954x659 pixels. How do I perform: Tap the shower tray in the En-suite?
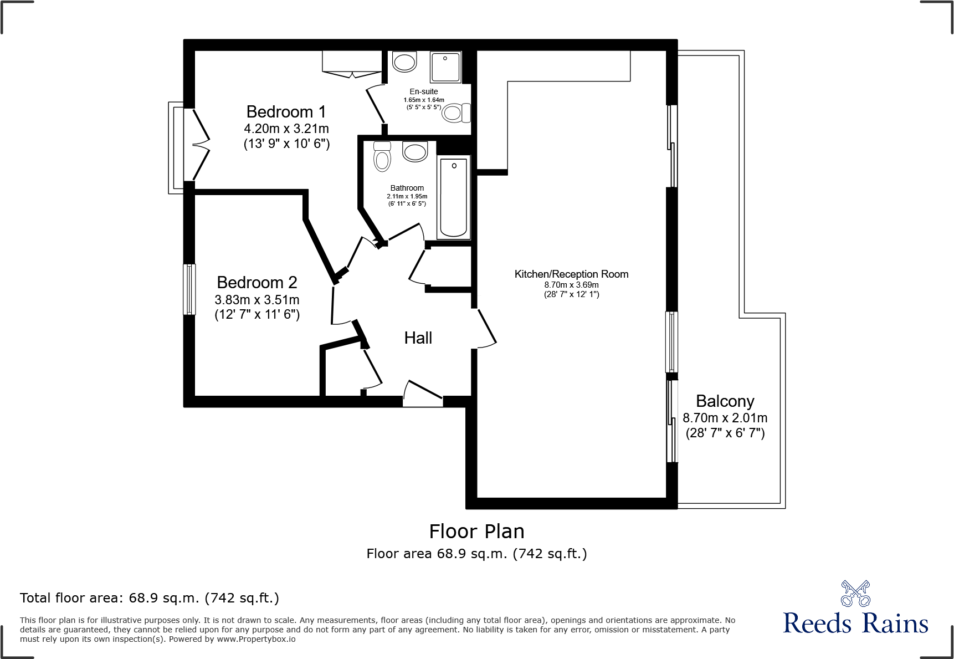point(445,67)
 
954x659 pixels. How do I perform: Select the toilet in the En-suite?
point(455,113)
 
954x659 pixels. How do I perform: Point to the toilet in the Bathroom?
point(382,157)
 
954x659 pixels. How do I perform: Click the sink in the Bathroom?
point(415,151)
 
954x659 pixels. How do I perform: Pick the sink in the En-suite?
point(404,62)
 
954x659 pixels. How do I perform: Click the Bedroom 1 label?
point(286,112)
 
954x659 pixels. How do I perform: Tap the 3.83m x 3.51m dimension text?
point(257,300)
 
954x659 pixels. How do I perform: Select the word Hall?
point(418,338)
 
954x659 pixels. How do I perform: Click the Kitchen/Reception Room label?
point(571,274)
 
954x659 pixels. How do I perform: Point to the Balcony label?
point(725,401)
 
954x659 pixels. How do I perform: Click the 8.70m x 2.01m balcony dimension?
point(725,418)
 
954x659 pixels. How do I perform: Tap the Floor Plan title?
point(476,532)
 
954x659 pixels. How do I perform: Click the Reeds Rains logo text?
point(855,624)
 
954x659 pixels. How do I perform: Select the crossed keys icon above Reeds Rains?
point(855,594)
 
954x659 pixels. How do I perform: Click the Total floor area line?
point(150,598)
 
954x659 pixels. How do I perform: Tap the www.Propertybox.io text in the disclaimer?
point(256,639)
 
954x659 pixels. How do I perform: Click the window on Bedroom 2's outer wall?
point(189,289)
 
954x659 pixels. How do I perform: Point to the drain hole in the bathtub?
point(454,166)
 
